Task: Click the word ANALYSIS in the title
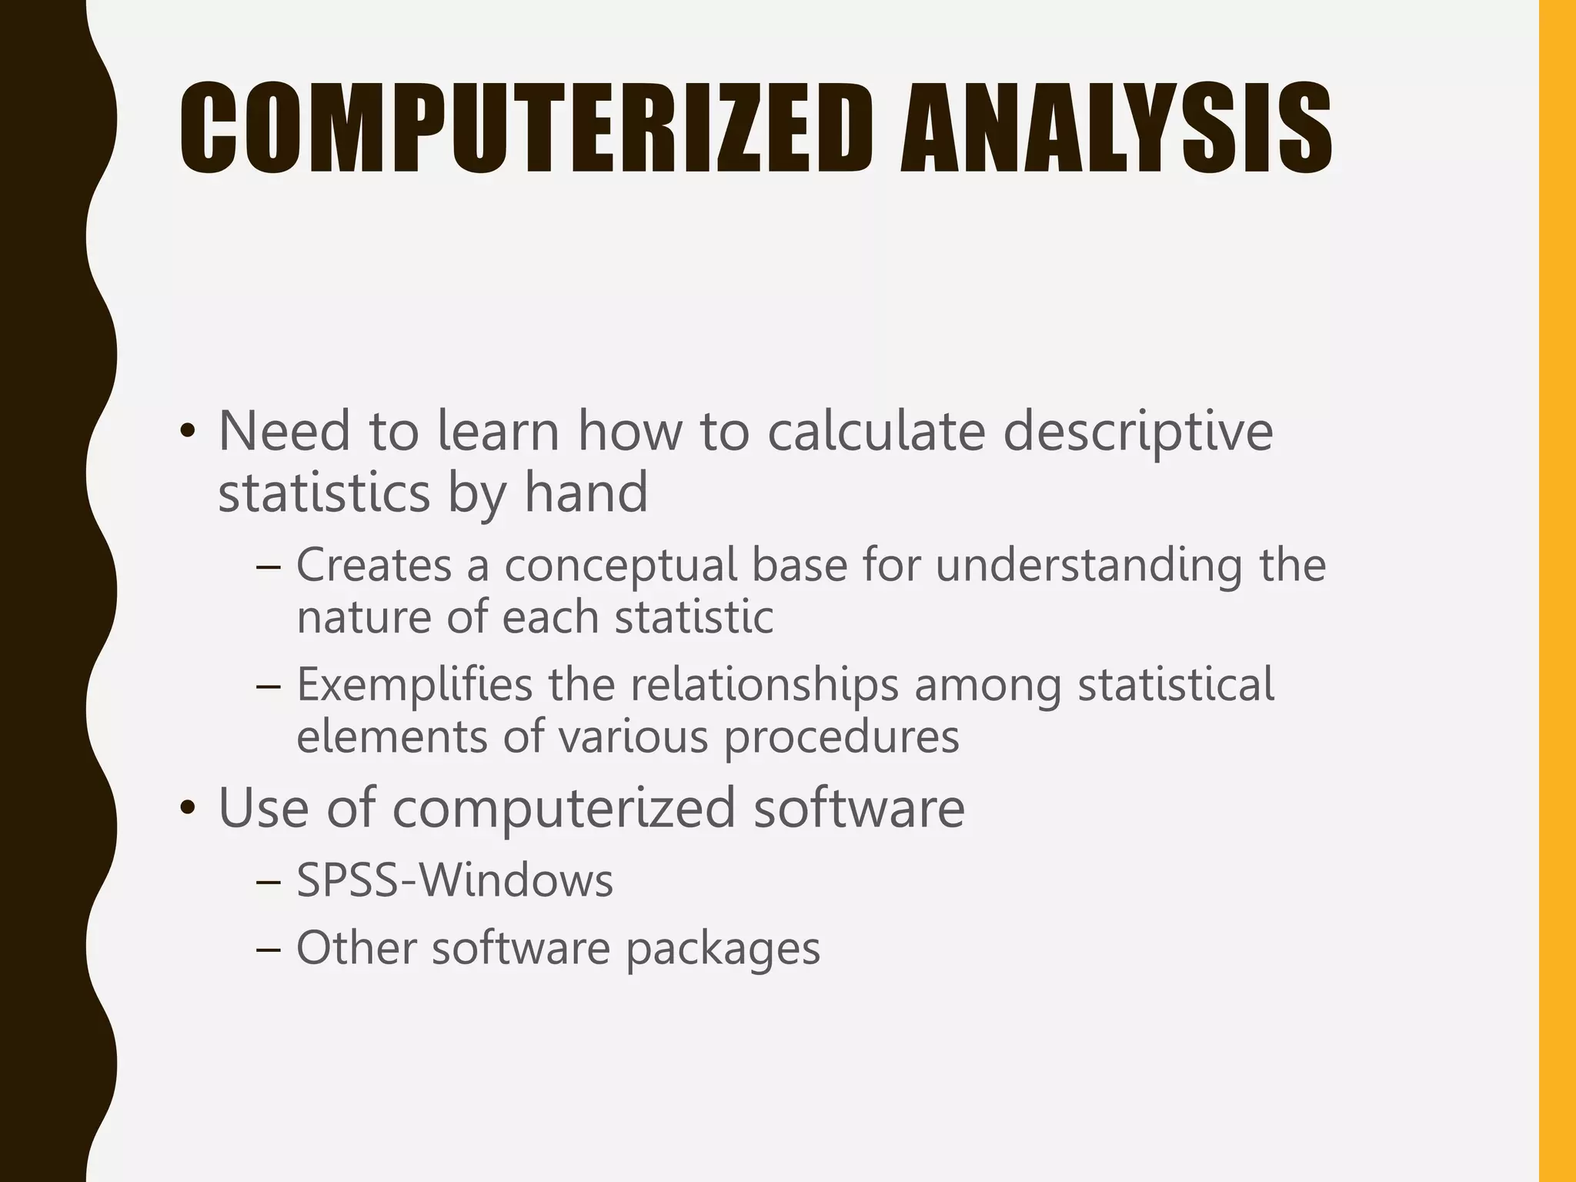click(1117, 129)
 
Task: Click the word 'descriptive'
click(1138, 432)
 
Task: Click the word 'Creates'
click(374, 565)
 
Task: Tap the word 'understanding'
click(1089, 566)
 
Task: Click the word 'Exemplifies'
click(414, 685)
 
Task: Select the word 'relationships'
click(765, 685)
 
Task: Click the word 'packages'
click(723, 949)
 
